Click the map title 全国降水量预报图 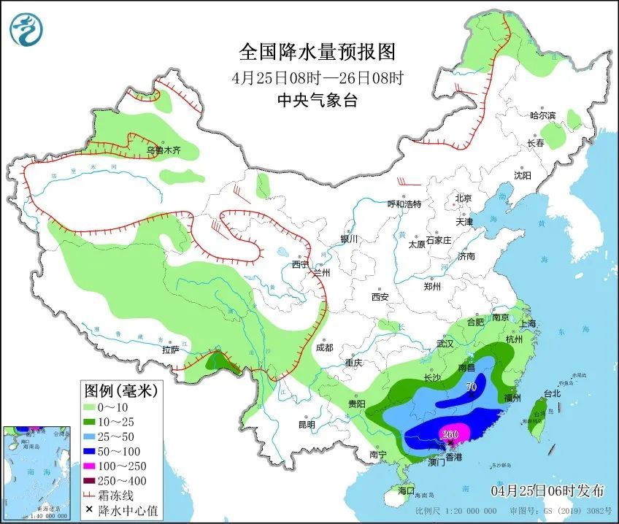click(317, 52)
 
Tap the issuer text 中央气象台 click(317, 101)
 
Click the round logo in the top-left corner click(27, 29)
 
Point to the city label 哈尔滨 click(542, 115)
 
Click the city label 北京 click(464, 198)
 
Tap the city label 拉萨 click(171, 350)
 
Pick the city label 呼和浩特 click(404, 204)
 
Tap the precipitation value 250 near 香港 click(450, 435)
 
